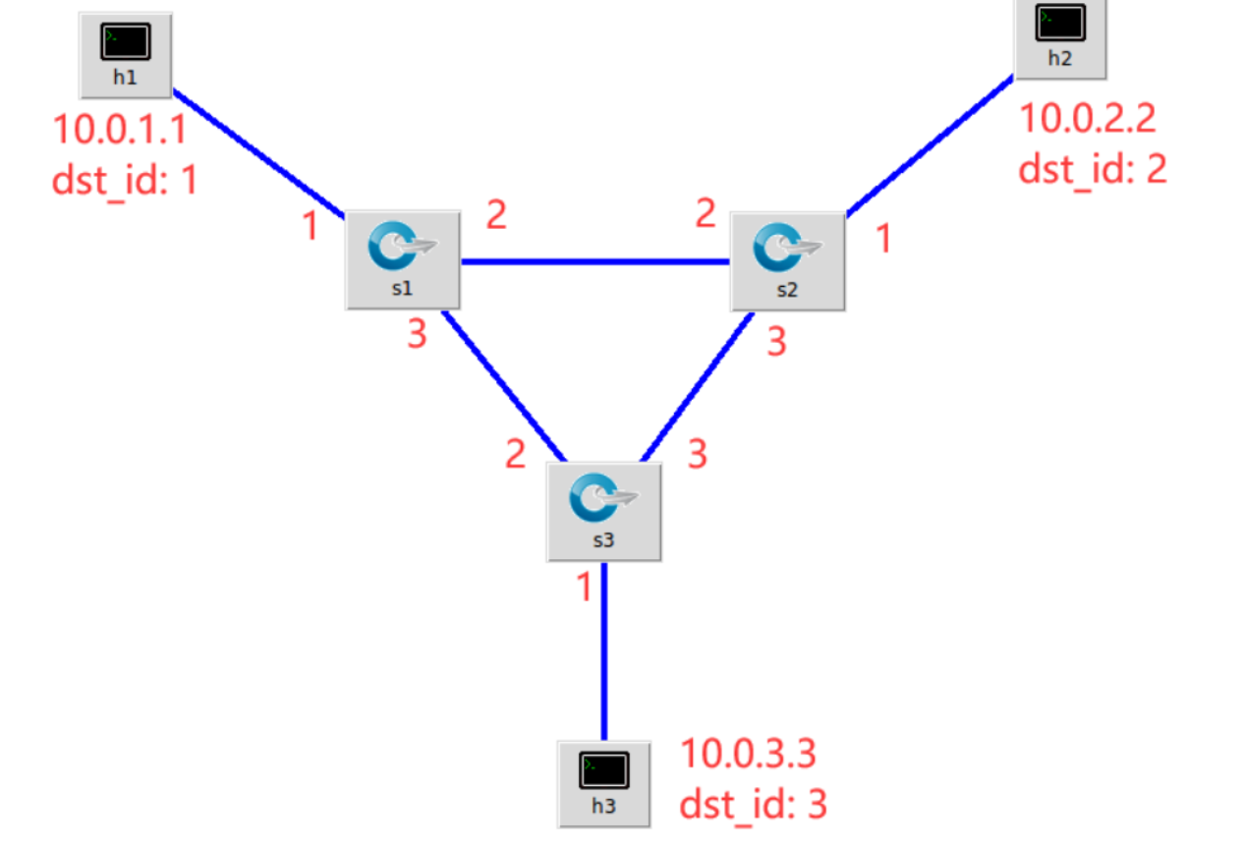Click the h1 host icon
point(125,54)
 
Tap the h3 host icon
point(603,783)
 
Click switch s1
point(403,259)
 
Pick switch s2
point(787,260)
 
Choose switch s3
point(603,511)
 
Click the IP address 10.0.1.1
point(118,131)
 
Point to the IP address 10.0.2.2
point(1087,119)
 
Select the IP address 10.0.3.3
point(748,755)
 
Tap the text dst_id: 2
point(1092,169)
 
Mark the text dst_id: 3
point(753,805)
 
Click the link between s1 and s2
point(594,262)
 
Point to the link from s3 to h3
point(603,649)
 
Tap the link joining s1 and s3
point(503,385)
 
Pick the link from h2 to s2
point(929,144)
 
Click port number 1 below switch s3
point(584,588)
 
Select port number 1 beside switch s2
point(883,239)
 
